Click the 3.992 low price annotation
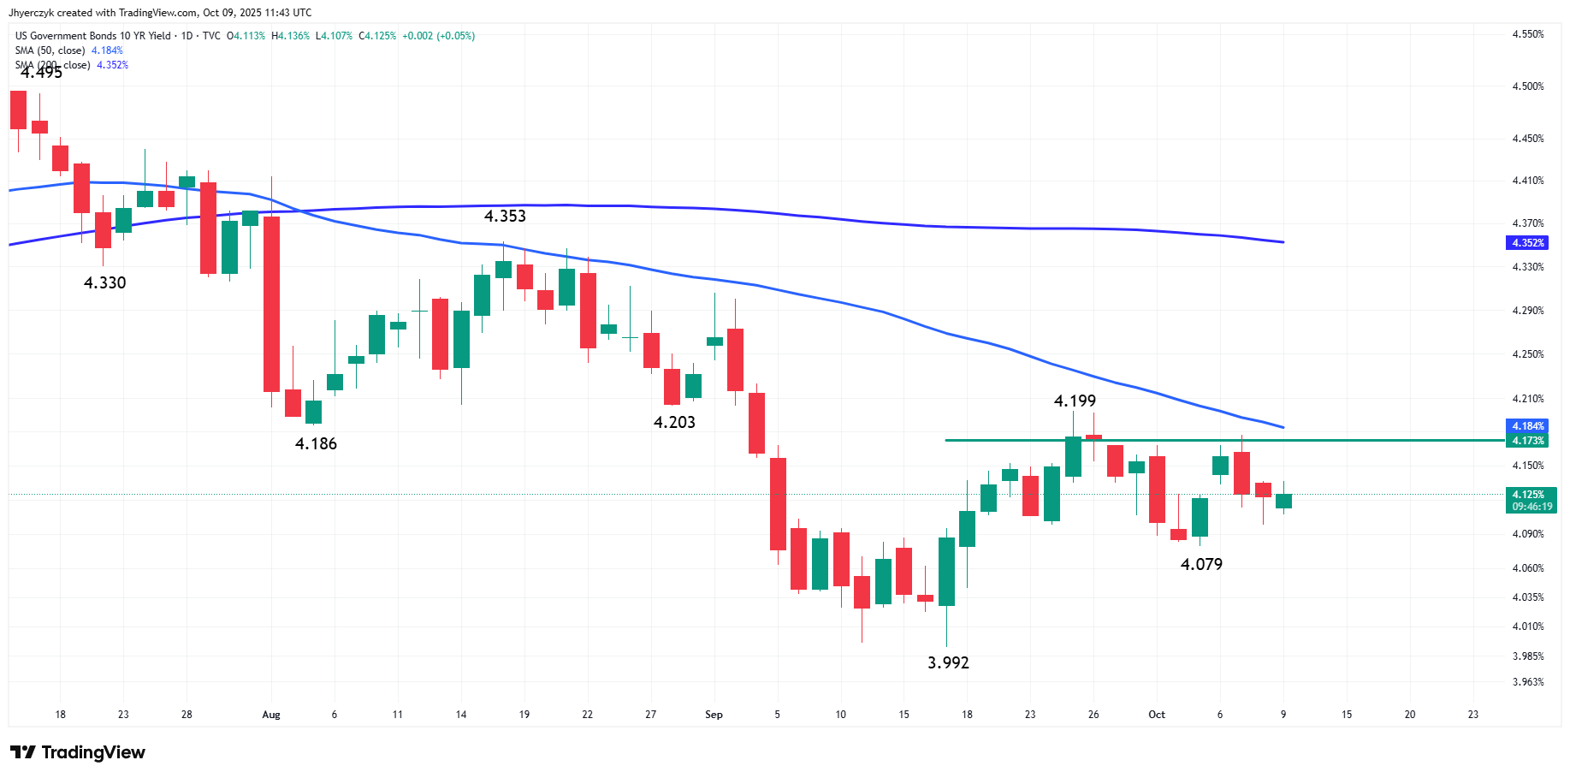pos(948,662)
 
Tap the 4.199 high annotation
pos(1075,401)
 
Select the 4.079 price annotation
pos(1201,564)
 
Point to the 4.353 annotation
pos(505,216)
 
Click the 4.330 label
pos(104,282)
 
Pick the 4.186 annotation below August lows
pos(316,443)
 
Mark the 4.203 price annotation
pos(674,422)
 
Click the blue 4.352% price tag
pos(1527,243)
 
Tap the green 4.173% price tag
pos(1527,441)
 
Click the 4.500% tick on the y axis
pos(1528,86)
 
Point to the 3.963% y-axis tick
pos(1528,682)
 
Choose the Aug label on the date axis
pos(271,715)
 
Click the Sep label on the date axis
pos(714,715)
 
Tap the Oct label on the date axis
pos(1157,715)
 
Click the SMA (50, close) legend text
pos(50,50)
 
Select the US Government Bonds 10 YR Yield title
pos(93,36)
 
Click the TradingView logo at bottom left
pos(78,752)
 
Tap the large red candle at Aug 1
pos(271,304)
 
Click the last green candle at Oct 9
pos(1283,502)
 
